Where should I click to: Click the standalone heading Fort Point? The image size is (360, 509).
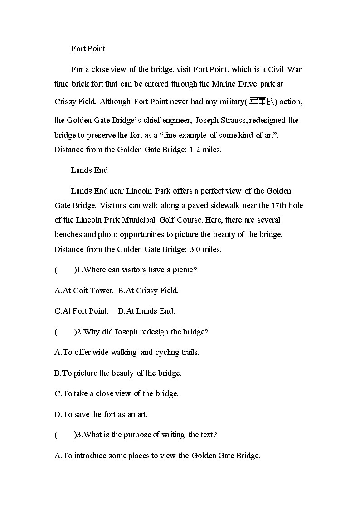pyautogui.click(x=88, y=48)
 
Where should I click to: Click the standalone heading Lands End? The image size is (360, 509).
pyautogui.click(x=89, y=170)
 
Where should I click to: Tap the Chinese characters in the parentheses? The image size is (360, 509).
pyautogui.click(x=262, y=102)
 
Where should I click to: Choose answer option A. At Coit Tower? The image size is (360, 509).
pyautogui.click(x=84, y=291)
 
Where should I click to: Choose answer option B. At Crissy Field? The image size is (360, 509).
pyautogui.click(x=148, y=291)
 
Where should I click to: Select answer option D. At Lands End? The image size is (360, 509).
pyautogui.click(x=146, y=311)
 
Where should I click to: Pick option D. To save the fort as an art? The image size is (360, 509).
pyautogui.click(x=101, y=414)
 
